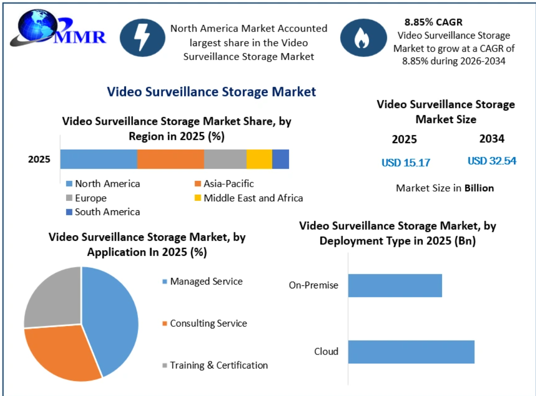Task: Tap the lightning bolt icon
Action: [142, 38]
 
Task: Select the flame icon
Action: [363, 38]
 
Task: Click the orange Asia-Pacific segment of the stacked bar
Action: [170, 159]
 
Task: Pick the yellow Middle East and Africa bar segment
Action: [259, 159]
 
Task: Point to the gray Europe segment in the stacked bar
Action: [225, 159]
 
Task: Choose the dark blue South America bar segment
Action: [280, 159]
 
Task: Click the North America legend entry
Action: [103, 184]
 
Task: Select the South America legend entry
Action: [103, 212]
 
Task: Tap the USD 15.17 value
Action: [406, 163]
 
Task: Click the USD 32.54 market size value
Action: [492, 161]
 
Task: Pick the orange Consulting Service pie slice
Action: [61, 352]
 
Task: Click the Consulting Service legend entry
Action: [204, 323]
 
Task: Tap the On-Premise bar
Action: [395, 285]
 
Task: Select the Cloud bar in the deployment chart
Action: [411, 352]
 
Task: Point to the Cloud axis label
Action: [326, 351]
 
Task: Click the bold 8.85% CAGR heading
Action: [433, 22]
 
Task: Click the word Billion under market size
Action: [479, 188]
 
